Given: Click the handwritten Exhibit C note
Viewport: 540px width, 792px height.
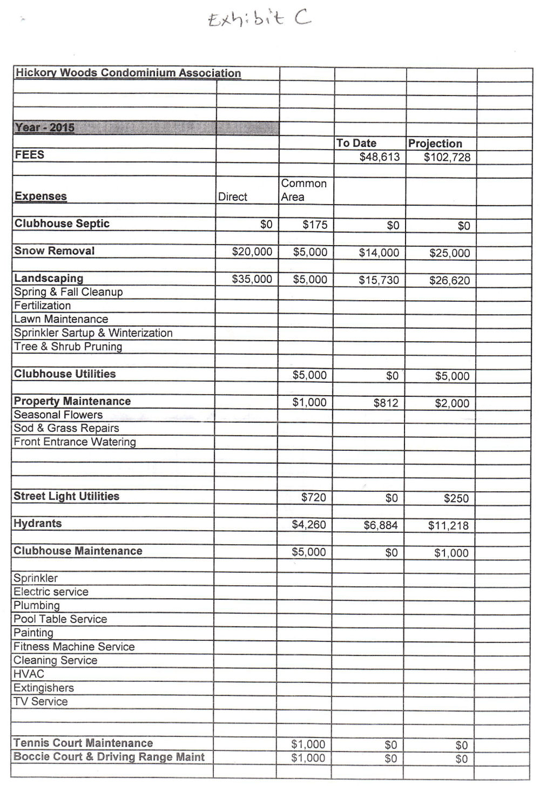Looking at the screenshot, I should coord(259,19).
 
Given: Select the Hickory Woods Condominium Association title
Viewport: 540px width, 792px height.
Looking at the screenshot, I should coord(128,73).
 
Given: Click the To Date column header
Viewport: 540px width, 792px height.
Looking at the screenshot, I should coord(356,143).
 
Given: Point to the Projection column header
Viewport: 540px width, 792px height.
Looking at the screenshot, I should coord(435,144).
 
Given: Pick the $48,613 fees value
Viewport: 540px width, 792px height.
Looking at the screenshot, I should coord(380,157).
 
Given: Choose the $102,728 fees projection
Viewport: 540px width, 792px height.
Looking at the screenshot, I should coord(447,158).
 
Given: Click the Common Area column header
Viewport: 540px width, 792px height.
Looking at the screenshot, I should coord(304,190).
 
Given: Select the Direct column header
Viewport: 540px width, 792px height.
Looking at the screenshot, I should coord(233,197).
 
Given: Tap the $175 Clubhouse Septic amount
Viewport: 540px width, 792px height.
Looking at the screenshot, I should coord(315,225).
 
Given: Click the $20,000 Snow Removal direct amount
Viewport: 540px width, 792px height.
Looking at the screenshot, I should coord(252,252).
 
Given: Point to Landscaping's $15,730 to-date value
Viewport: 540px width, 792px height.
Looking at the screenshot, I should coord(379,280).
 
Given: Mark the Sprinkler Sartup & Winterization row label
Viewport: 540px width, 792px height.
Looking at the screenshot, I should coord(93,333).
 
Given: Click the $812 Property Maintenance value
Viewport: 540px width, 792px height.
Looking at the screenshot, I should coord(386,403).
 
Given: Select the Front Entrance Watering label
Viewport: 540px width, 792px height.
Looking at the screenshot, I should coord(75,442).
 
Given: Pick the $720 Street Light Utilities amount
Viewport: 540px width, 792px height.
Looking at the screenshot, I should coord(314,497).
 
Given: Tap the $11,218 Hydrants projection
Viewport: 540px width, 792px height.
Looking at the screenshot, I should coord(448,526).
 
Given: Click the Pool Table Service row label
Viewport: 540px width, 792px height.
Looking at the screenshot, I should coord(60,619).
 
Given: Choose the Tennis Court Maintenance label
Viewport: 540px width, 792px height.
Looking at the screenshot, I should coord(83,743).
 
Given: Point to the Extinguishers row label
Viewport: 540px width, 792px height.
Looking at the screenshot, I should coord(44,688).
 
